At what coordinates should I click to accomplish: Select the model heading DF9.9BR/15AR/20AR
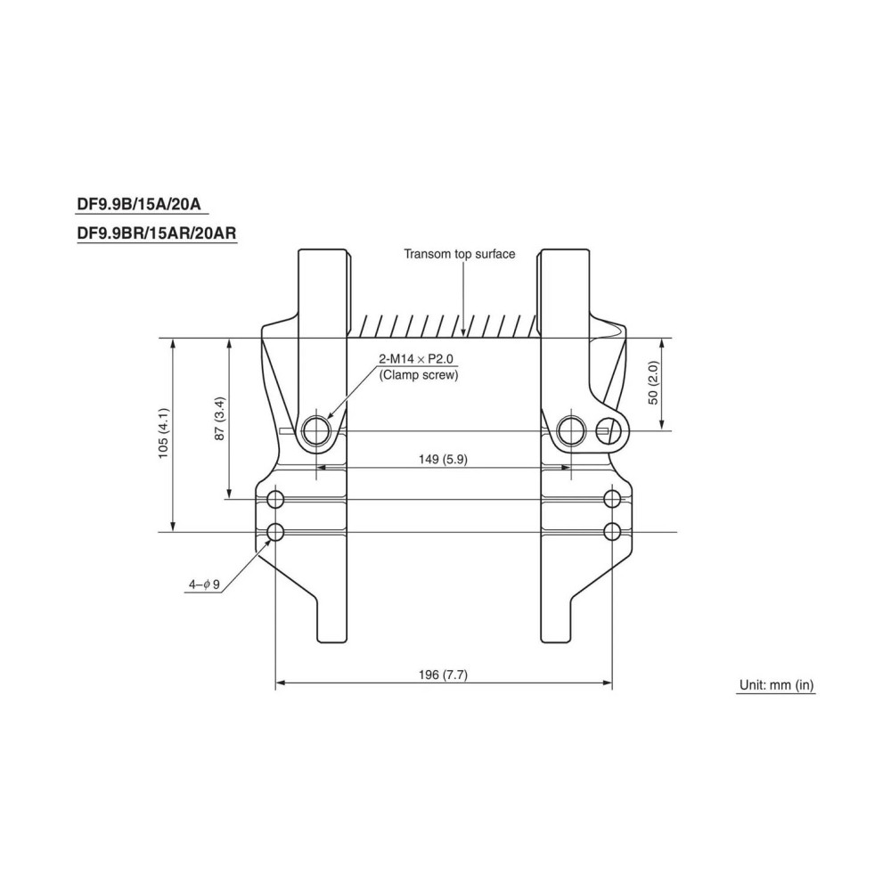[x=155, y=233]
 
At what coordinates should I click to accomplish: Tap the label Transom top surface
[x=459, y=254]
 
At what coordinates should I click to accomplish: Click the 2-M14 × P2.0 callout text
[x=416, y=359]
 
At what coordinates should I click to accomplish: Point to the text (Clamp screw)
[x=418, y=375]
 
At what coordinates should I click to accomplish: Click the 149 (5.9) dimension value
[x=443, y=459]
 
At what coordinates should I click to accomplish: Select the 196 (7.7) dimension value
[x=443, y=675]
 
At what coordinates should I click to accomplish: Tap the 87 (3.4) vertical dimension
[x=220, y=419]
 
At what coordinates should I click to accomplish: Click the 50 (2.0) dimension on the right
[x=652, y=384]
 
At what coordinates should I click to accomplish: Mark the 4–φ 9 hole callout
[x=203, y=584]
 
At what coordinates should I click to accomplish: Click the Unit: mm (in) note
[x=776, y=685]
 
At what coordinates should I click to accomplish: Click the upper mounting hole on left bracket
[x=275, y=498]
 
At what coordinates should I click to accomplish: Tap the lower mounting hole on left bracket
[x=275, y=533]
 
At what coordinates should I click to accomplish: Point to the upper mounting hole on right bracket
[x=611, y=498]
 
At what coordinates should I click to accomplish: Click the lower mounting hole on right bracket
[x=611, y=533]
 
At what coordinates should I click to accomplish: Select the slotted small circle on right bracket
[x=610, y=431]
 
